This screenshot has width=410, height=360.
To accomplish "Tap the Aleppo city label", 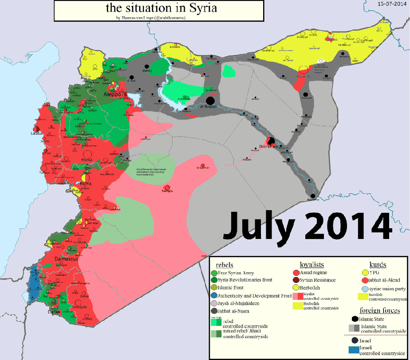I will pos(112,94).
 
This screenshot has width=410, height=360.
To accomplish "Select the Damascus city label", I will pos(66,258).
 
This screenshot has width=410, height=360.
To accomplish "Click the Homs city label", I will pos(86,184).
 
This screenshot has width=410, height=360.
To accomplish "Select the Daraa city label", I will pos(55,312).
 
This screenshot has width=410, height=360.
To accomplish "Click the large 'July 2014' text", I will pos(307,226).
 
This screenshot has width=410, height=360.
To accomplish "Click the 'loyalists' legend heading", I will pos(312,265).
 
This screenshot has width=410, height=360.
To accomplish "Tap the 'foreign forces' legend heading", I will pos(379,310).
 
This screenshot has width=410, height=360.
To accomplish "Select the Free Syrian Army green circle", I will pos(215,273).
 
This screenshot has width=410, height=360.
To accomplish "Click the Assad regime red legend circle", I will pos(296,273).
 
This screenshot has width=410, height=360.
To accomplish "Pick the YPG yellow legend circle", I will pos(365,273).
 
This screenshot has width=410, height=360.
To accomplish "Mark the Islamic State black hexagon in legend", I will pos(354,319).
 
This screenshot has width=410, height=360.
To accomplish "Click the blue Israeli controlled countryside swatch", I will pos(354,350).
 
